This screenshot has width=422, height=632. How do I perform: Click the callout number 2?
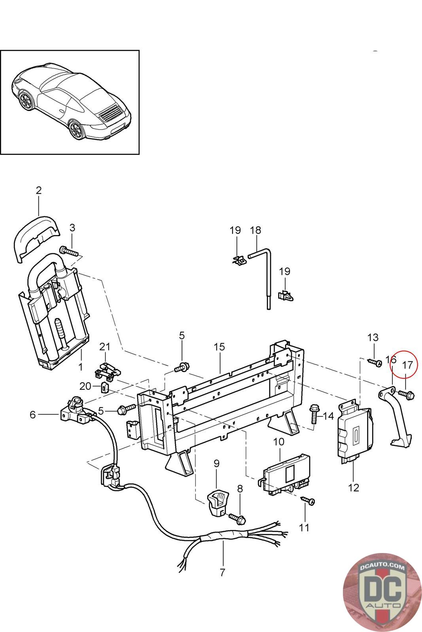coord(38,190)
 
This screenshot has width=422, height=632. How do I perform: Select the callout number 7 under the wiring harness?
coord(222,572)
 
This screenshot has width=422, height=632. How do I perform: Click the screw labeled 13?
coord(374,362)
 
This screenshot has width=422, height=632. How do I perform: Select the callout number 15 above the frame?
coord(219,347)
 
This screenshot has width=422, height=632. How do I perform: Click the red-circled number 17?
coord(407,365)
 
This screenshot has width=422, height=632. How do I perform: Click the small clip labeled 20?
coord(106,386)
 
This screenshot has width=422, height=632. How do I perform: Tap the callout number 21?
coord(104,346)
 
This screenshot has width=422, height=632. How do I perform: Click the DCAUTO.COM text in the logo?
coord(382,567)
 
